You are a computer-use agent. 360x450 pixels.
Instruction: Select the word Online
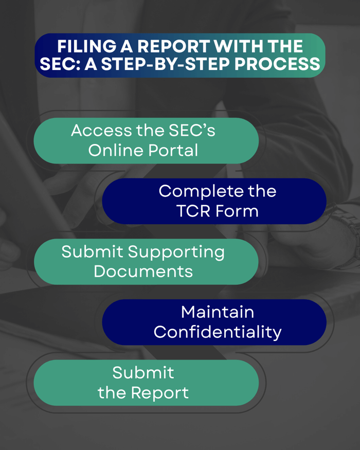114,150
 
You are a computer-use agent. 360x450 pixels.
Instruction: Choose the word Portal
172,150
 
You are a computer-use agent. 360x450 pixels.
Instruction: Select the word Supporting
176,253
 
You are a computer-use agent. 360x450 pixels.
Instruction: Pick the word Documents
143,271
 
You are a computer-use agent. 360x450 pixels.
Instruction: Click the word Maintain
218,312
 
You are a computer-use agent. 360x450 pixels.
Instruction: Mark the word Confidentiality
218,332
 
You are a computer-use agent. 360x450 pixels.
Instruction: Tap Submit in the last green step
143,372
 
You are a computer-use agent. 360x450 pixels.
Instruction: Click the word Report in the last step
159,393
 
